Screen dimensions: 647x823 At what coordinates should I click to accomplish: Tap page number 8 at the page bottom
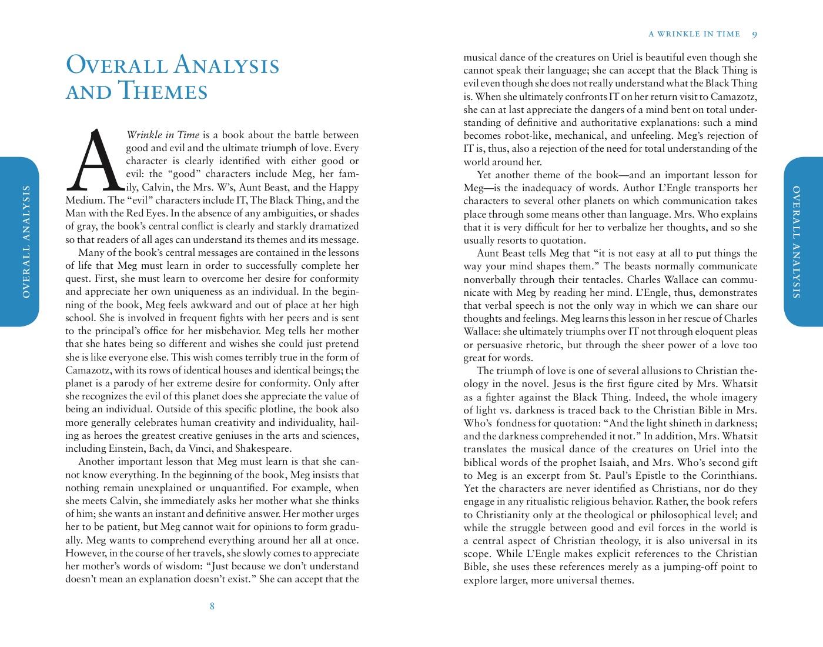(x=212, y=606)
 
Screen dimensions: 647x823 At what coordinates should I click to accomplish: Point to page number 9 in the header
(x=754, y=34)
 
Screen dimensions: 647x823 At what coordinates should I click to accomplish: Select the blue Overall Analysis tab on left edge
(x=20, y=242)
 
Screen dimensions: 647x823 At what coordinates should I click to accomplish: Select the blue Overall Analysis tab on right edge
(x=802, y=242)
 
